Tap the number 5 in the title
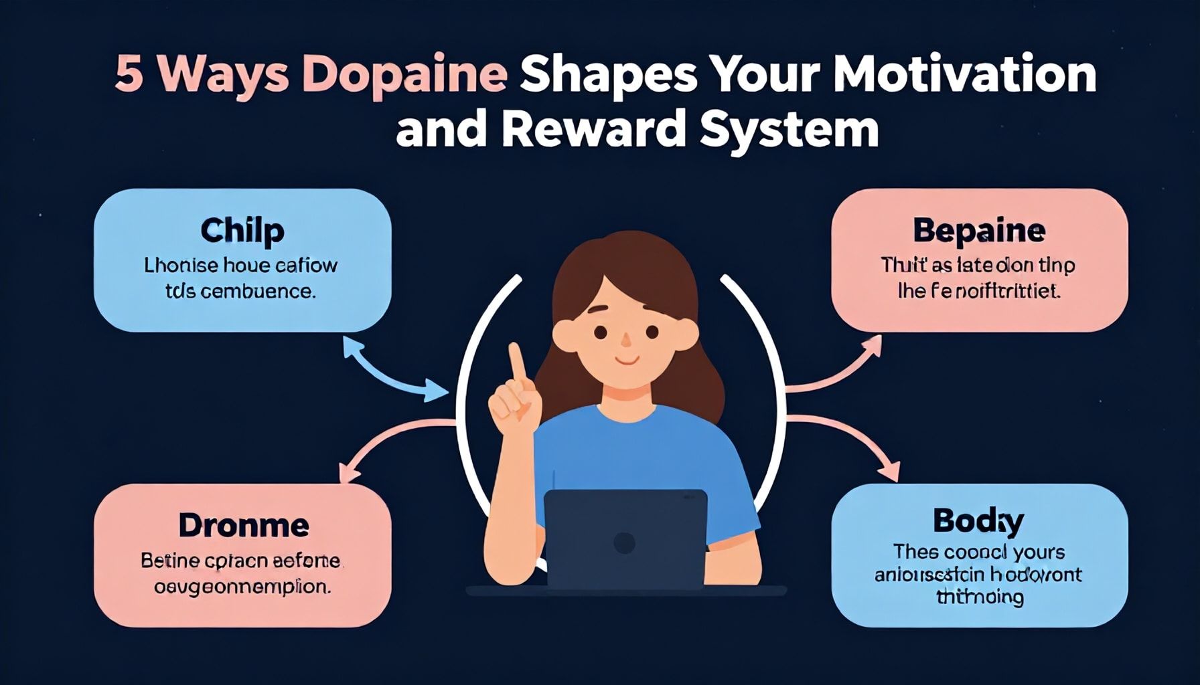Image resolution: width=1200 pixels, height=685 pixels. pos(129,75)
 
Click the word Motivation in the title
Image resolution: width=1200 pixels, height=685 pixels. pos(964,75)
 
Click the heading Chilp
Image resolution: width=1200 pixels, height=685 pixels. pos(242,231)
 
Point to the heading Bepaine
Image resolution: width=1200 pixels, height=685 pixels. pos(978,231)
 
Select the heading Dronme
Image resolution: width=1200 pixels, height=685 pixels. pos(244,526)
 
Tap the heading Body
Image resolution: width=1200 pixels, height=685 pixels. pos(978,521)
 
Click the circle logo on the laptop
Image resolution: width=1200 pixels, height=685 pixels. pos(624,543)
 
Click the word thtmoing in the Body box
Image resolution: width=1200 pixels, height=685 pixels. pos(979,597)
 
